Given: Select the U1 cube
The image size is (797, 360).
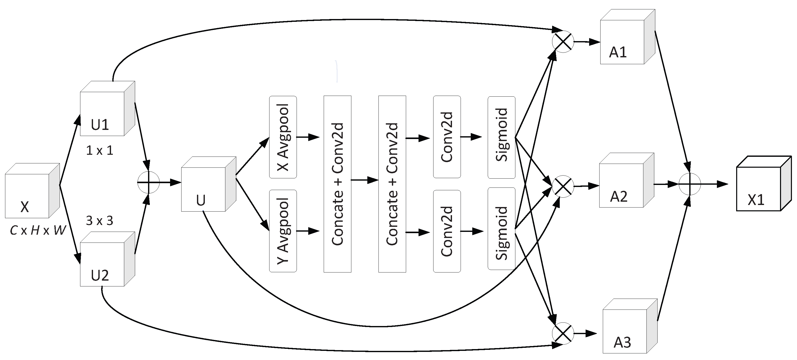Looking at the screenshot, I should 107,109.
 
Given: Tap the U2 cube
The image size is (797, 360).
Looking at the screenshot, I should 107,259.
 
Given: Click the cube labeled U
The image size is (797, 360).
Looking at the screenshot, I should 208,184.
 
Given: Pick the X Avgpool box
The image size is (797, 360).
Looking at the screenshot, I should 283,137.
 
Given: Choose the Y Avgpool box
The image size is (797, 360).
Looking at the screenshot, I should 283,231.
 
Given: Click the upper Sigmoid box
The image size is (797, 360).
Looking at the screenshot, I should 501,138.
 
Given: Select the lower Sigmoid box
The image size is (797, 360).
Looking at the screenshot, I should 501,228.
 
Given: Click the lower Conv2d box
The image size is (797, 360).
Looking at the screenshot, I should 447,231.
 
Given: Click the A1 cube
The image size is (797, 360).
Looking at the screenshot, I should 627,37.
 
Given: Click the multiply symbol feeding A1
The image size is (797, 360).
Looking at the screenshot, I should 563,41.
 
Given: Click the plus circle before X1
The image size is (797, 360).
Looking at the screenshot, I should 689,184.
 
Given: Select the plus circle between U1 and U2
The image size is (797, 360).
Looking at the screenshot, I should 149,183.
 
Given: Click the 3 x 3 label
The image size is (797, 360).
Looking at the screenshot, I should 99,221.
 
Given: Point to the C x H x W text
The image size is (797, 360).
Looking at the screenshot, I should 38,230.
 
